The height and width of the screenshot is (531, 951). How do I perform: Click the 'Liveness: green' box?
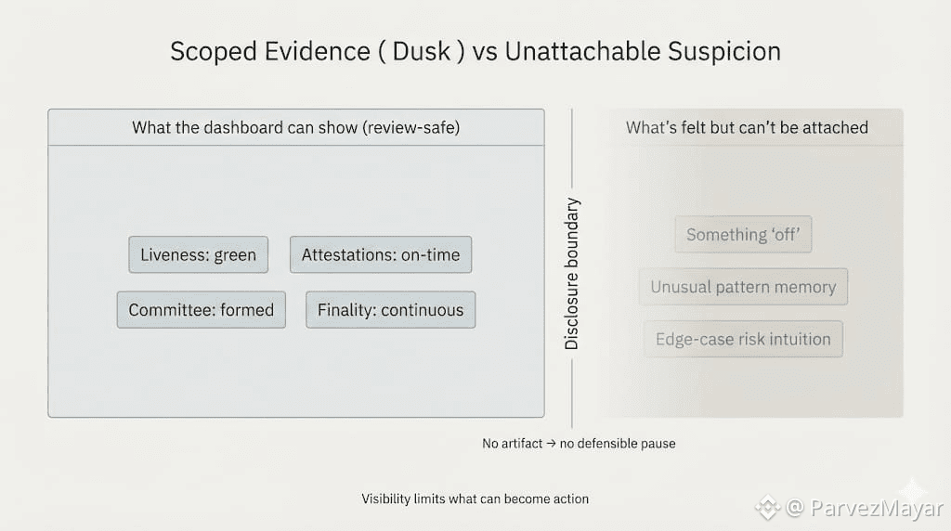[199, 254]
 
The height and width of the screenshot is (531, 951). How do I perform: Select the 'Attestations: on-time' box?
[381, 254]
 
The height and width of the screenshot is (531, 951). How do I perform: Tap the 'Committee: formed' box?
[202, 310]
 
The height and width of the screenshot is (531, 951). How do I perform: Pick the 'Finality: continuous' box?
[391, 310]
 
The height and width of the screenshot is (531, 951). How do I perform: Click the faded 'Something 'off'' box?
[743, 234]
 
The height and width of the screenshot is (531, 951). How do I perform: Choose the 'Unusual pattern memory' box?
[743, 287]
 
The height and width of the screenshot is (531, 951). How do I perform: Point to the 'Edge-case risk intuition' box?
[743, 339]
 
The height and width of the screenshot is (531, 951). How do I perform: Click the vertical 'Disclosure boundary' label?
[571, 273]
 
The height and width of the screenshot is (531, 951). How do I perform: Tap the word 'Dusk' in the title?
[422, 52]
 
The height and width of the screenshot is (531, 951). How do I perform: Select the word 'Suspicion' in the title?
[724, 52]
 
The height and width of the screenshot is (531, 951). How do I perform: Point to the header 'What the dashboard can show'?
[244, 127]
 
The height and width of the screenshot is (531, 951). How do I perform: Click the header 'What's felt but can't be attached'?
[747, 127]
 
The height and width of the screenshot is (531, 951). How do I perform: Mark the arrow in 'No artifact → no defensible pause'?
[551, 444]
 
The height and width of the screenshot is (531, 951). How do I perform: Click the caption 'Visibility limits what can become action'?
[475, 499]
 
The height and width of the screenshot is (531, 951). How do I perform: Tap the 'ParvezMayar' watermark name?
[877, 508]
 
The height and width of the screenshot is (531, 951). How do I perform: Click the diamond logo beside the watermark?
[768, 508]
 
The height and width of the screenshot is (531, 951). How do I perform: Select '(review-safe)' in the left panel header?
[411, 127]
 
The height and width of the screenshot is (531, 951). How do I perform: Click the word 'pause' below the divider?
[658, 445]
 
